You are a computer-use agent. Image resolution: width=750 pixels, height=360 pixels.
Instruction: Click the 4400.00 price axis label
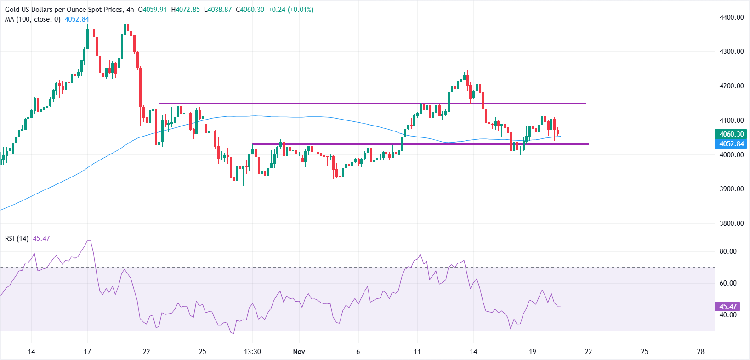[731, 17]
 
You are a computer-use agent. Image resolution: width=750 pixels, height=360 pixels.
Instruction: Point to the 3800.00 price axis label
[731, 223]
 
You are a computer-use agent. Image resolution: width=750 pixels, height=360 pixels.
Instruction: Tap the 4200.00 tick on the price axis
[731, 86]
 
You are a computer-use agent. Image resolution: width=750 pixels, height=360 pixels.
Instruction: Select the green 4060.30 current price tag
[731, 134]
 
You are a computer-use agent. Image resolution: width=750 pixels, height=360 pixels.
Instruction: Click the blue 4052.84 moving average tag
[731, 144]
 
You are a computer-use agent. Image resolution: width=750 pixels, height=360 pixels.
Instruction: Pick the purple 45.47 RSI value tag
[727, 307]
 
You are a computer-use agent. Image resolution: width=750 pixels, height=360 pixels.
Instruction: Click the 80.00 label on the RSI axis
[728, 251]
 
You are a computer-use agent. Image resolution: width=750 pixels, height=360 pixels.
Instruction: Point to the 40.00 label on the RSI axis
[728, 315]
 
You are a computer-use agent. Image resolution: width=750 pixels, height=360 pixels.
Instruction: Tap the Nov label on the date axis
[299, 352]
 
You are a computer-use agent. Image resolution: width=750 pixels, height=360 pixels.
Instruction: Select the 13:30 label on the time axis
[252, 352]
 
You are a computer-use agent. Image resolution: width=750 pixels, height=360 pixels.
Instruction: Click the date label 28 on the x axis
[700, 352]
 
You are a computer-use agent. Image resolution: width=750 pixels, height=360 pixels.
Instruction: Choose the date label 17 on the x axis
[87, 352]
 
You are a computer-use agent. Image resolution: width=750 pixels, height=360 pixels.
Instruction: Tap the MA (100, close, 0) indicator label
[33, 19]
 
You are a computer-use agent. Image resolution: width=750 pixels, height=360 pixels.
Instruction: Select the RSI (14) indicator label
[17, 239]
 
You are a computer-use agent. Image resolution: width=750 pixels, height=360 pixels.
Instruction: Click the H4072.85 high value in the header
[185, 10]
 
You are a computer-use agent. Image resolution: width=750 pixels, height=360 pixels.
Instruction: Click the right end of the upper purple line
[585, 103]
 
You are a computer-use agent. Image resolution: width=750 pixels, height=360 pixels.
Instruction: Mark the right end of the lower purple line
[588, 144]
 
